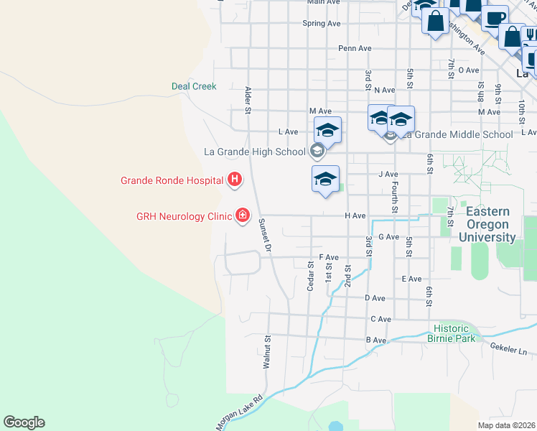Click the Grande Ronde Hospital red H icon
point(233,180)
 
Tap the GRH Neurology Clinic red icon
point(243,215)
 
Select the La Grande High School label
point(255,152)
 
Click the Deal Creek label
point(194,86)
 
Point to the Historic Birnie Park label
point(452,333)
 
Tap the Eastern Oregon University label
point(487,224)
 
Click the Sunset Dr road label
point(263,235)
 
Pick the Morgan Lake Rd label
point(239,410)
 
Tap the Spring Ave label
point(321,24)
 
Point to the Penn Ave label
point(355,49)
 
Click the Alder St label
point(248,101)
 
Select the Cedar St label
point(311,275)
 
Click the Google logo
point(24,422)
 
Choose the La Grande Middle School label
point(457,134)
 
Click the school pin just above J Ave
point(325,179)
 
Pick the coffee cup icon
point(495,17)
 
